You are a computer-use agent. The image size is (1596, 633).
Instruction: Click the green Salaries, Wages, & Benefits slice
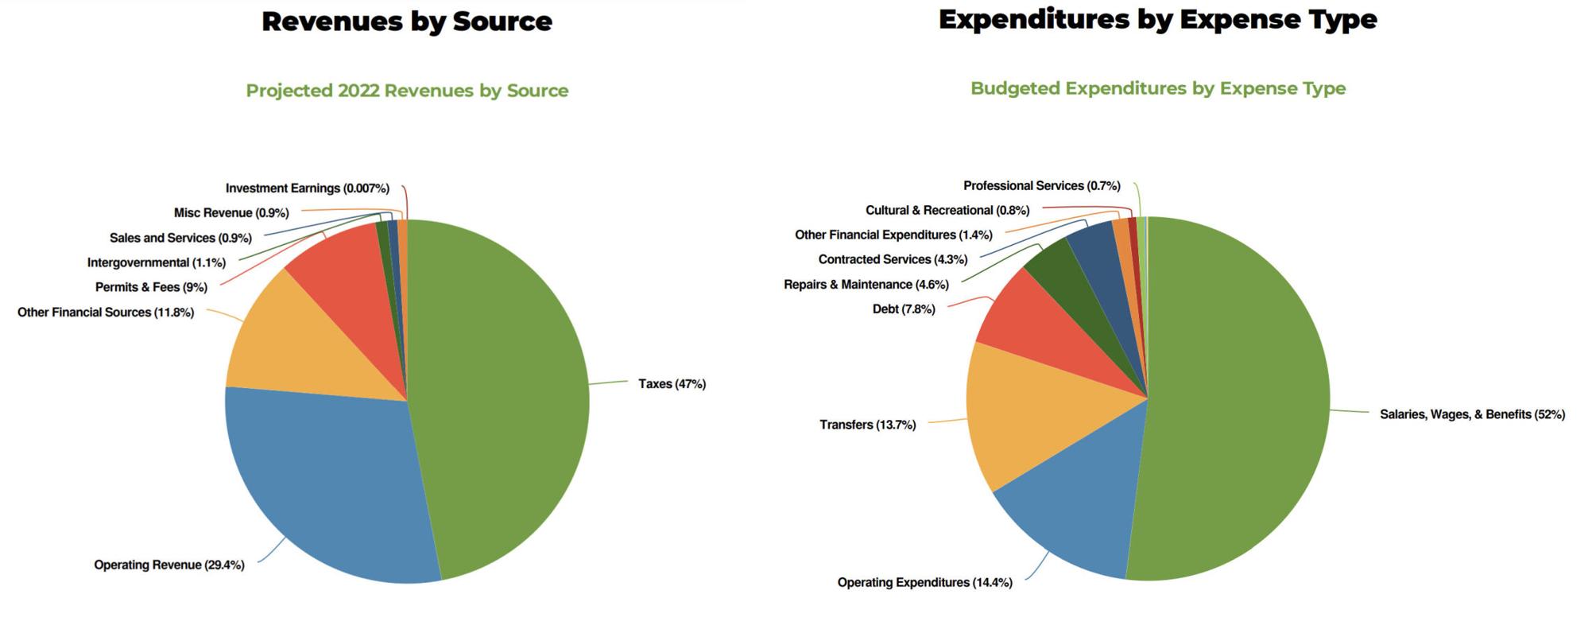click(1240, 398)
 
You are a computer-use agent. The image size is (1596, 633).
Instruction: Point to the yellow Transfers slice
click(1033, 414)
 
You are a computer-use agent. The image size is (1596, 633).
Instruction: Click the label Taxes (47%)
click(672, 384)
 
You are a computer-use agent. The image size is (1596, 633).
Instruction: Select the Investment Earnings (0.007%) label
click(307, 188)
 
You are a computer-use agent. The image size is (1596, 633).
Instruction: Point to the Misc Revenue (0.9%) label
click(231, 213)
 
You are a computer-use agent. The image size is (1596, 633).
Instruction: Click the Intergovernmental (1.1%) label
click(156, 262)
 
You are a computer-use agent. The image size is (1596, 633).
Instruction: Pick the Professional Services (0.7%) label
click(1041, 186)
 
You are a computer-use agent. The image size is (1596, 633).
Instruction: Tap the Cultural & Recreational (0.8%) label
click(947, 211)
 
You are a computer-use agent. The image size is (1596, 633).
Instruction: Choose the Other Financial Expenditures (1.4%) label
click(893, 235)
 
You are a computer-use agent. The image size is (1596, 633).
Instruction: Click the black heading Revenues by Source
click(407, 21)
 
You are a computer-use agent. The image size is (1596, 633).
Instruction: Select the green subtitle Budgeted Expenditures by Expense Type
click(1157, 88)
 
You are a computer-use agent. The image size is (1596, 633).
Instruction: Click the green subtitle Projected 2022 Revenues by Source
click(407, 91)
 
